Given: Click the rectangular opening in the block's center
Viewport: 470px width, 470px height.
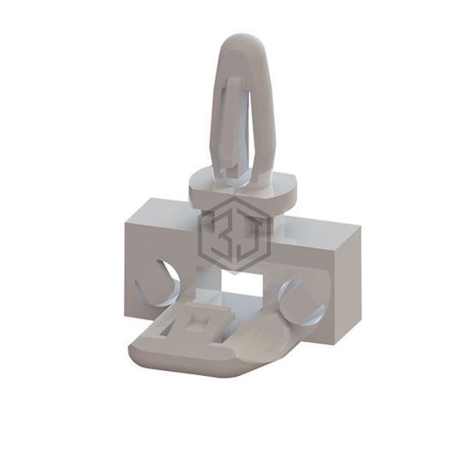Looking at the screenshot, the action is [242, 283].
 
